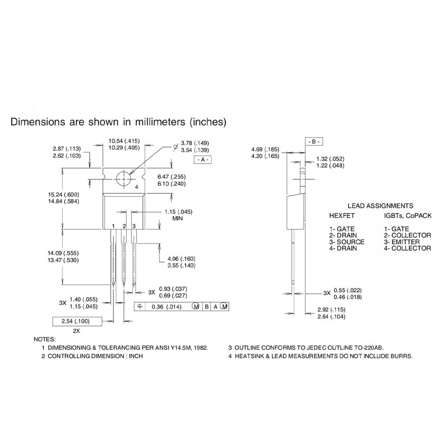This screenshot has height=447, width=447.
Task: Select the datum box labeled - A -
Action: coord(203,160)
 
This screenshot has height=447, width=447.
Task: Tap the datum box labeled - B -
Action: coord(314,142)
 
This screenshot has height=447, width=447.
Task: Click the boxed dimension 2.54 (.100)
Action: coord(77,321)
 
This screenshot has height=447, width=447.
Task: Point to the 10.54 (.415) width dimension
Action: coord(124,141)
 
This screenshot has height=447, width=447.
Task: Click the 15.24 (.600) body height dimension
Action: coord(63,194)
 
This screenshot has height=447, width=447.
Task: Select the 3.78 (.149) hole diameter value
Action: coord(195,143)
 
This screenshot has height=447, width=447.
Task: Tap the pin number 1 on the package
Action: coord(113,226)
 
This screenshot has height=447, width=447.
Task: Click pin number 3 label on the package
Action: coord(134,226)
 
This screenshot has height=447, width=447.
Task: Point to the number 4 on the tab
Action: coord(137,187)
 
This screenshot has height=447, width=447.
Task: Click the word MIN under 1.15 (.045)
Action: coord(178,218)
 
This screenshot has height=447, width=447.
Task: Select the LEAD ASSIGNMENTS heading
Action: coord(380,206)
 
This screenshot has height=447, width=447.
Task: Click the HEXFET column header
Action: coord(342,216)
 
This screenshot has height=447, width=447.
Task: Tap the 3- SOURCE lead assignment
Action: coord(347,242)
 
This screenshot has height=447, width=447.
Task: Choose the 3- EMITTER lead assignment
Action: coord(401,242)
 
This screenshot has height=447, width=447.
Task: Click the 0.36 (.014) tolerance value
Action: coord(167,307)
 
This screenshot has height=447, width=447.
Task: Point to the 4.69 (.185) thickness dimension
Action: coord(265,150)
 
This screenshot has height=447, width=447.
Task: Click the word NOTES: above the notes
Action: coord(45,339)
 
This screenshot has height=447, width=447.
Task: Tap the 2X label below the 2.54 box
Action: coord(76,331)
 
